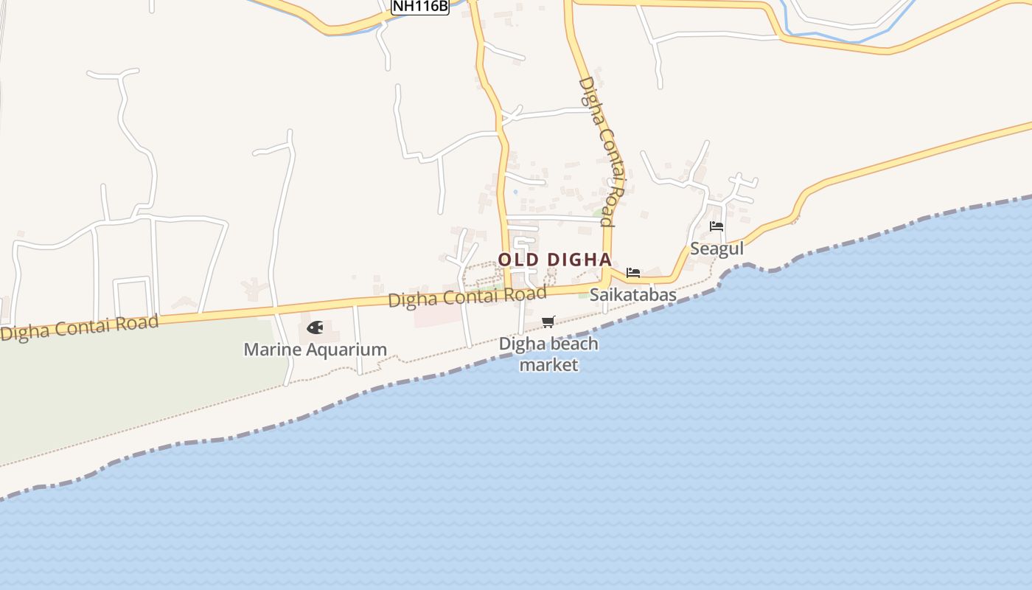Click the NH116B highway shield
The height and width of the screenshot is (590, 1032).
click(x=419, y=7)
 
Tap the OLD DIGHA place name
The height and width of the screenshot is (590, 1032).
click(x=554, y=260)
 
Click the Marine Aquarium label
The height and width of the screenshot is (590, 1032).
click(x=315, y=350)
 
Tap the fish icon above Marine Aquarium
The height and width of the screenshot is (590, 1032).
click(x=315, y=327)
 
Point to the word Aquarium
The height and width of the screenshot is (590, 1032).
click(x=346, y=350)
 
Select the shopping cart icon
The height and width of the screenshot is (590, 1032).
click(x=548, y=322)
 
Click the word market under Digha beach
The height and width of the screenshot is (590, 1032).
click(x=548, y=365)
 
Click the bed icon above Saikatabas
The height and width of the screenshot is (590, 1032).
click(x=632, y=273)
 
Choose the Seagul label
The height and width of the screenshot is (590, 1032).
click(x=717, y=249)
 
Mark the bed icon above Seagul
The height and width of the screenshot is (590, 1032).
click(x=717, y=226)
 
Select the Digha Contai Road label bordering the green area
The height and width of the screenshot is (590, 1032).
click(x=80, y=327)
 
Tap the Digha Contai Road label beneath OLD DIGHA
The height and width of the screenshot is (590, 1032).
click(x=467, y=296)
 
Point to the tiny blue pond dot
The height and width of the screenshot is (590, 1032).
click(x=515, y=192)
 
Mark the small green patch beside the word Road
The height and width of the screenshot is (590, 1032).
click(x=598, y=214)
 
